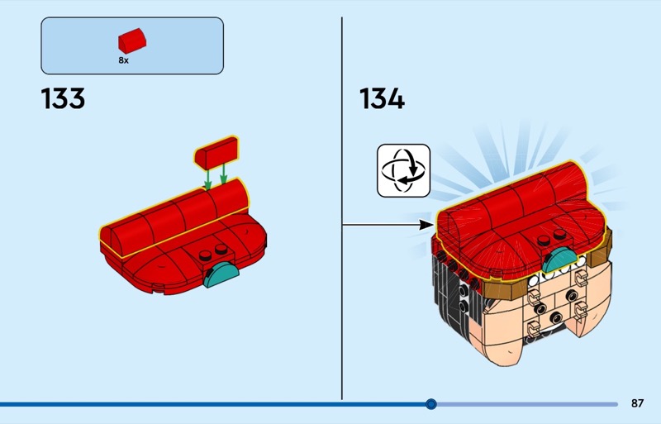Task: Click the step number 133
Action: point(63,99)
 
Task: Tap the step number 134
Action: point(382,99)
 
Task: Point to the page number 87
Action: point(637,403)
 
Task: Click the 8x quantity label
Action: point(123,60)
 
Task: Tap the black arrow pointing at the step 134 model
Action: point(388,223)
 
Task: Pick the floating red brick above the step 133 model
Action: point(216,152)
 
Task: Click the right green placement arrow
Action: point(224,174)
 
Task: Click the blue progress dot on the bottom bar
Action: point(430,404)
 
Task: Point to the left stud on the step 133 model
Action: point(207,253)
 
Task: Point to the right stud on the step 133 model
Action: point(222,249)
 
